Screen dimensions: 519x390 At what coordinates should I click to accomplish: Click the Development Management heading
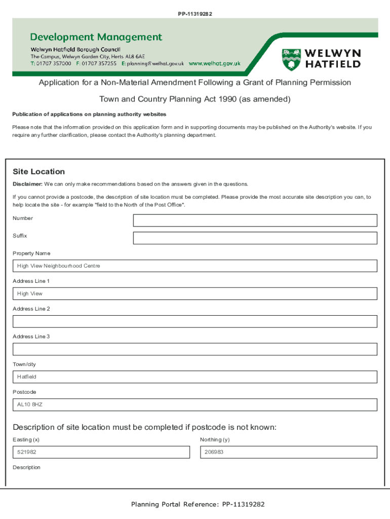coord(96,37)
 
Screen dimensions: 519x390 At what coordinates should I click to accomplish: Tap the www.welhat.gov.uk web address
coord(214,64)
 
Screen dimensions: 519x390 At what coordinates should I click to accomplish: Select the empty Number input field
coord(255,220)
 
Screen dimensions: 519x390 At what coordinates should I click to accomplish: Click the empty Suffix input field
coord(255,238)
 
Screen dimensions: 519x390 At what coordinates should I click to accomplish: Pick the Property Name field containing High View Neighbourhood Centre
coord(195,266)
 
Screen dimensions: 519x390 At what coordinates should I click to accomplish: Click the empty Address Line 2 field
coord(195,321)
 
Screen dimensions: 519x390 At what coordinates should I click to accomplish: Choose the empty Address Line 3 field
coord(195,349)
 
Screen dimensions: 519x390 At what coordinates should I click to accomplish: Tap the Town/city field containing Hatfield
coord(195,377)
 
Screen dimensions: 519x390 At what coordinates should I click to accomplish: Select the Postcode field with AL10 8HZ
coord(195,404)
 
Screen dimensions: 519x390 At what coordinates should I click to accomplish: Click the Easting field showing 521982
coord(101,452)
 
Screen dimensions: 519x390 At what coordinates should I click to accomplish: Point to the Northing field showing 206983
coord(288,452)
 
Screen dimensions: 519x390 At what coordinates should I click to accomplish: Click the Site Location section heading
coord(39,172)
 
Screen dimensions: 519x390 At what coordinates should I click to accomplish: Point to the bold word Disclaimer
coord(27,184)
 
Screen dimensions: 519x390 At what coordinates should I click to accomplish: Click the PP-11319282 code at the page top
coord(195,14)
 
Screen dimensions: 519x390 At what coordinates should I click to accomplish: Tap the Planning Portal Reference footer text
coord(198,504)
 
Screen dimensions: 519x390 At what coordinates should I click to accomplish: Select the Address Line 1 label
coord(31,281)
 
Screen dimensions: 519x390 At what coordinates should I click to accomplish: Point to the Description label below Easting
coord(26,467)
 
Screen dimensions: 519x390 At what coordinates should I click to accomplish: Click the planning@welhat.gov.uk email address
coord(155,64)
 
